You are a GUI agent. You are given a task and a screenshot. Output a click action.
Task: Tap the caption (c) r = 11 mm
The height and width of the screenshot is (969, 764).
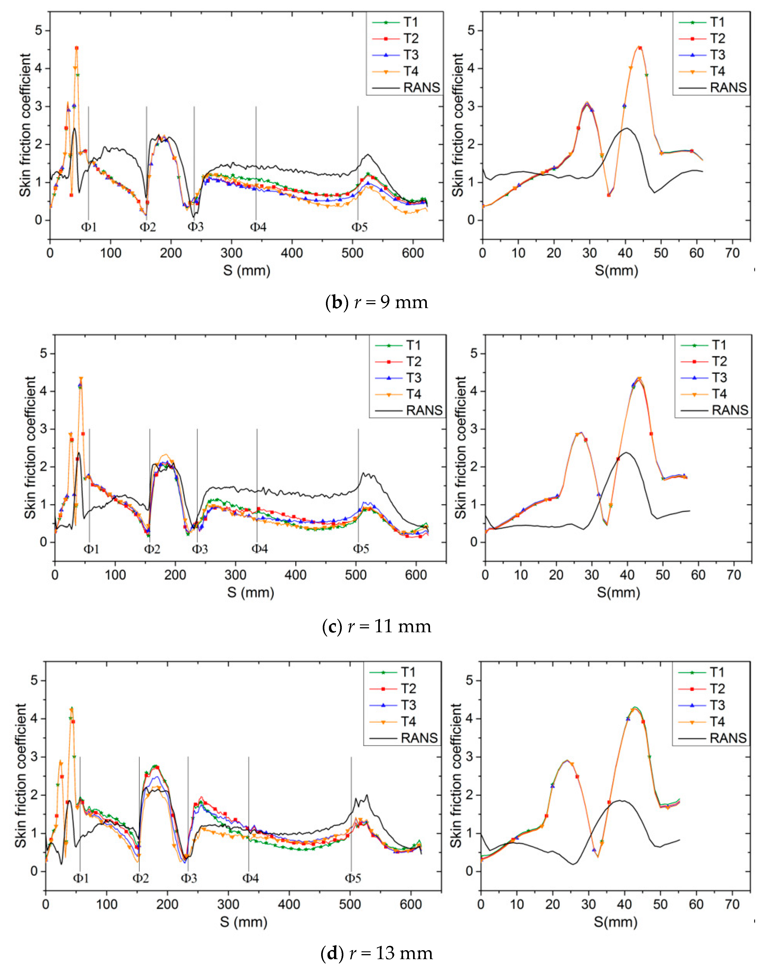pos(377,626)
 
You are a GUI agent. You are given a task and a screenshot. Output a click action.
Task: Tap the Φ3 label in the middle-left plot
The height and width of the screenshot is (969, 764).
pos(200,549)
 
